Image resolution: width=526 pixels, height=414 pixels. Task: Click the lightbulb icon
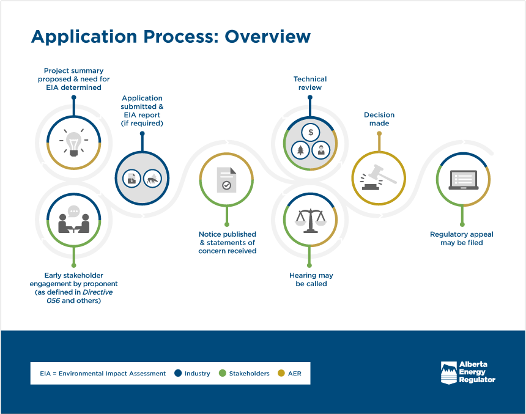tap(73, 143)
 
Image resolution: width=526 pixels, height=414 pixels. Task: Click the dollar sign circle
tap(311, 132)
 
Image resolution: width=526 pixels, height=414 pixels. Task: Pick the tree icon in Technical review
tap(300, 149)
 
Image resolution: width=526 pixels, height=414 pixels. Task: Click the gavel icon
tap(379, 177)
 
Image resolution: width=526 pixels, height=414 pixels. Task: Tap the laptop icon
tap(463, 180)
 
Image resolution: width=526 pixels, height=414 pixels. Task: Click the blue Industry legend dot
tap(178, 373)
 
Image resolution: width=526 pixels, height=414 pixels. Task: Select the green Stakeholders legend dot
tap(223, 373)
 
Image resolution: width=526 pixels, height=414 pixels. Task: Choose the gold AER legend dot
tap(281, 373)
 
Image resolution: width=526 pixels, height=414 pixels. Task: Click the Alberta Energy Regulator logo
tap(468, 372)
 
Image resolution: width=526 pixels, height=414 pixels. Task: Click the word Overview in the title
tap(267, 37)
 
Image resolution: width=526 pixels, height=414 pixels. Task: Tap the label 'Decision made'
tap(379, 119)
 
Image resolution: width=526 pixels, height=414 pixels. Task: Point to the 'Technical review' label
tap(310, 83)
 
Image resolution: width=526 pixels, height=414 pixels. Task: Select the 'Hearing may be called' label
tap(311, 279)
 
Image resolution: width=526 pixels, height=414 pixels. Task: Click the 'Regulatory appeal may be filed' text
tap(462, 238)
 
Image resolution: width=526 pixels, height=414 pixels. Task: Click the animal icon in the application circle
tap(152, 179)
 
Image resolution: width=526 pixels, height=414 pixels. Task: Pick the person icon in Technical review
tap(321, 149)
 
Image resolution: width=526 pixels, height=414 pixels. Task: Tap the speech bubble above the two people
tap(74, 211)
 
